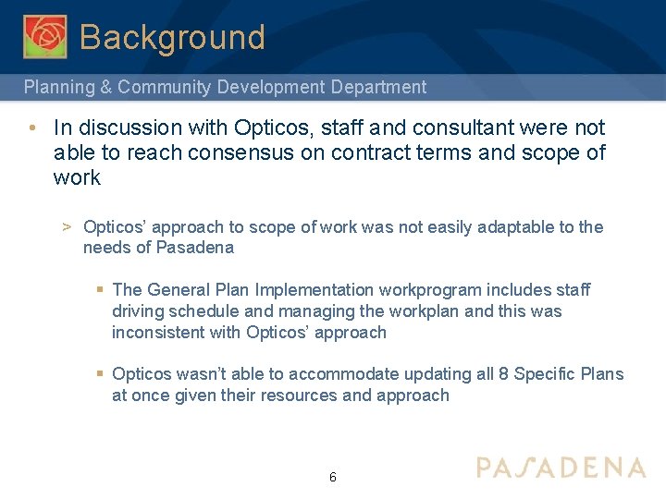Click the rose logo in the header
(x=44, y=36)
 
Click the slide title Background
(x=172, y=38)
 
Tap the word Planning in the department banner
(x=57, y=87)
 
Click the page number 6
(x=332, y=478)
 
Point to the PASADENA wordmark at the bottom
(x=561, y=467)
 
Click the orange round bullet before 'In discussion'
(x=32, y=128)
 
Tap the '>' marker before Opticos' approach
(x=67, y=227)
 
